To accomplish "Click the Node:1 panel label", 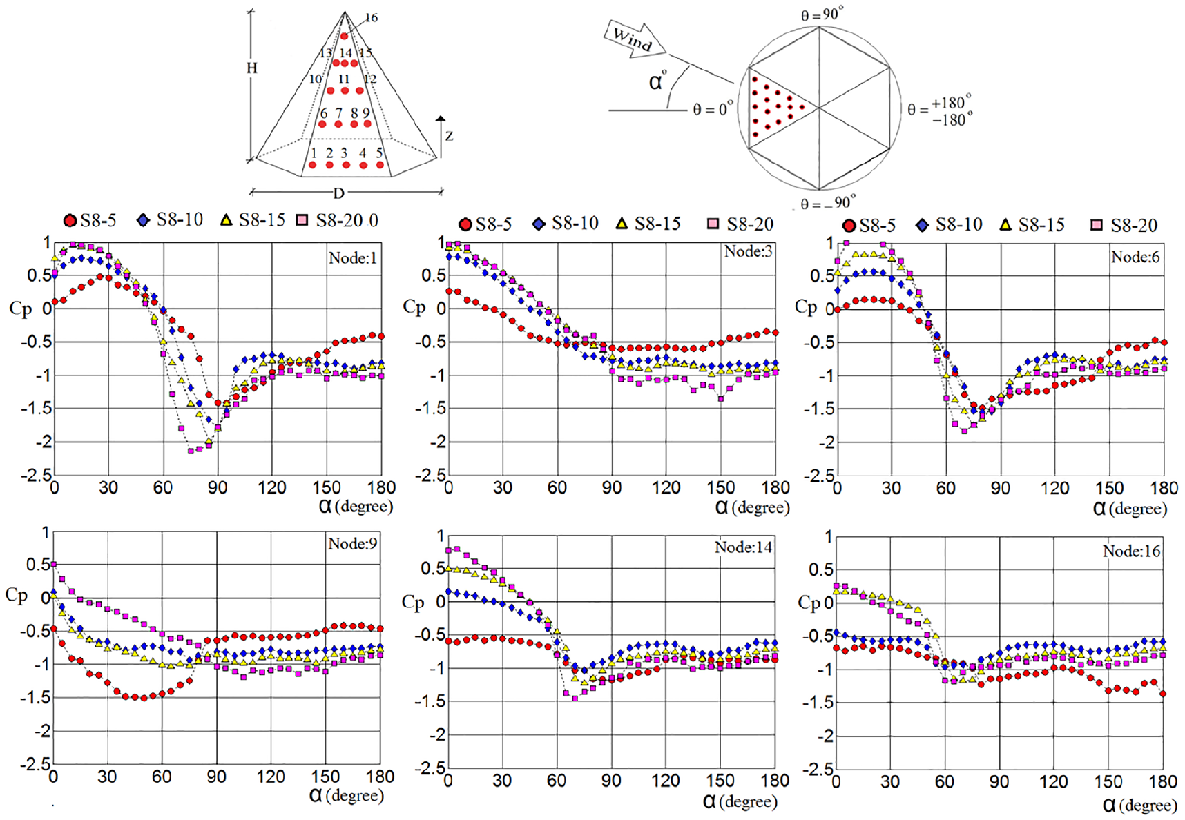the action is pos(353,258).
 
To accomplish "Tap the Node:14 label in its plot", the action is pos(743,547).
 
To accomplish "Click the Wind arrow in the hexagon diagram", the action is pos(635,39).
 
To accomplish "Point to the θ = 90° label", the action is pos(822,14).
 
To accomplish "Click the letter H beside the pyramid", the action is pos(252,68).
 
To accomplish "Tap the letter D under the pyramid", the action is pos(339,193).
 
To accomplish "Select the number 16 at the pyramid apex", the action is pos(372,18).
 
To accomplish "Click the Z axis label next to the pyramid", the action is pos(449,136).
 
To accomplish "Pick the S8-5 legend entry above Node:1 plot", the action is pos(90,220).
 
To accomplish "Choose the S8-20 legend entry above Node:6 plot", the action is pos(1124,225).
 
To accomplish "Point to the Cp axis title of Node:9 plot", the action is pos(17,595).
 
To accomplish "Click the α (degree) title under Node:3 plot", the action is pos(752,507).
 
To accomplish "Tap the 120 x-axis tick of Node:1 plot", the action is pos(271,487).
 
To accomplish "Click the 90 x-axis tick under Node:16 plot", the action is pos(999,781).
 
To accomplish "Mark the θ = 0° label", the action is pos(713,109).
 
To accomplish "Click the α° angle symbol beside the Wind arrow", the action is pos(658,81).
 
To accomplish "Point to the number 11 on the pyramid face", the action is pos(344,79).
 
